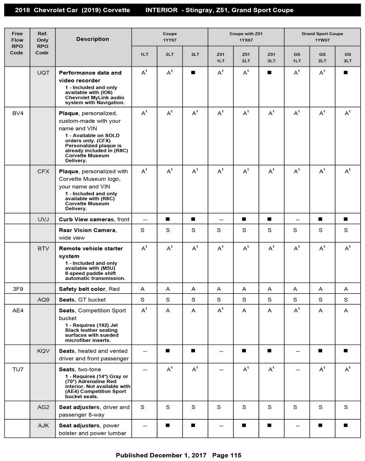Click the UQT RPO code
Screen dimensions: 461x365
coord(43,73)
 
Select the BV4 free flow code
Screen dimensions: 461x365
coord(18,113)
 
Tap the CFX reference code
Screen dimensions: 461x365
coord(43,171)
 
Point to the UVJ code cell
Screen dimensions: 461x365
coord(43,220)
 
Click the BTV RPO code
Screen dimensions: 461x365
coord(43,248)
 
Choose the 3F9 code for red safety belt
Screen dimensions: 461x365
coord(18,289)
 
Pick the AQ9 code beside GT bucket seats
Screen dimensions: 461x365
coord(43,300)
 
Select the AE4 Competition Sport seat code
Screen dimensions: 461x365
coord(18,311)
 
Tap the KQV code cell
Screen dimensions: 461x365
coord(43,351)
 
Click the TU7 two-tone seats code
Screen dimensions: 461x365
coord(18,369)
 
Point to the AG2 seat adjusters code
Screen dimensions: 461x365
coord(43,407)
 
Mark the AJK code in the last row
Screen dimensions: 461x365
coord(43,426)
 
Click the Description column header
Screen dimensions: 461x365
coord(92,39)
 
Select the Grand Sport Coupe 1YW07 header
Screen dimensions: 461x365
coord(322,37)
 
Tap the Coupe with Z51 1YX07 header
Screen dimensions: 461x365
coord(246,37)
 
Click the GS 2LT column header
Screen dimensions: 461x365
coord(322,57)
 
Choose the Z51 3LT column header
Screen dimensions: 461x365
coord(271,57)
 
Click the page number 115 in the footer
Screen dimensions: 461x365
coord(236,455)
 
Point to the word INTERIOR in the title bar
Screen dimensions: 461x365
coord(161,10)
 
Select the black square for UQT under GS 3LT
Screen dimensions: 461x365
coord(346,73)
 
